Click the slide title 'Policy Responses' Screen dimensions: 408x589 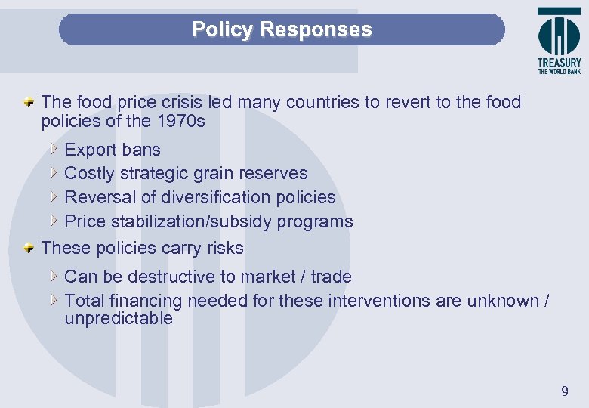282,29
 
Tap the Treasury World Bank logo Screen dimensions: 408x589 559,41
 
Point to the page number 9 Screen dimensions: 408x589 564,391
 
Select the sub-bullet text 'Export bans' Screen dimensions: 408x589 113,150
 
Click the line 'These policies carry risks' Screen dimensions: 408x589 143,248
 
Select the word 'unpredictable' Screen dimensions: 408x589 119,318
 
